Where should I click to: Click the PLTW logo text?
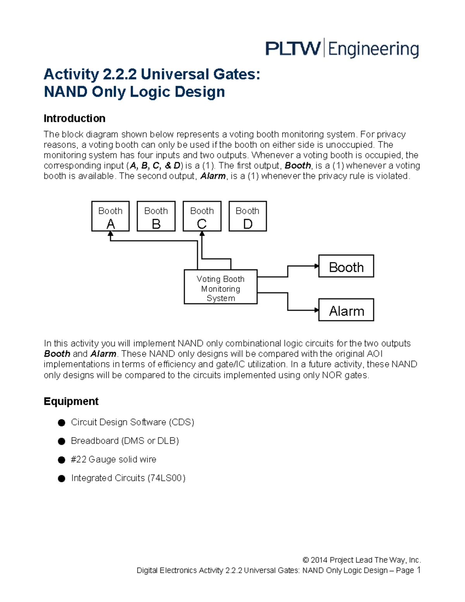click(x=293, y=49)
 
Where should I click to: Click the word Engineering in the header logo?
click(x=374, y=50)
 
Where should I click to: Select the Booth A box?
click(x=110, y=216)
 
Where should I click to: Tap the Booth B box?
click(x=156, y=216)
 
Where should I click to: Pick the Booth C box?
click(x=202, y=216)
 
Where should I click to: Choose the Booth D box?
click(x=248, y=216)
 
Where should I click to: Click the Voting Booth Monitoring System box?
click(x=220, y=287)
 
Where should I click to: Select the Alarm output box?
click(x=346, y=310)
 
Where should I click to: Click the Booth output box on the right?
click(x=346, y=266)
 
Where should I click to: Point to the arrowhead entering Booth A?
click(x=110, y=234)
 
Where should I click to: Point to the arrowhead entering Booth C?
click(x=202, y=234)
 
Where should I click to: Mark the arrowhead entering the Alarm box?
click(x=316, y=310)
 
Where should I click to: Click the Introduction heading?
click(x=74, y=118)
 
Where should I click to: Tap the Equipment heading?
click(x=71, y=401)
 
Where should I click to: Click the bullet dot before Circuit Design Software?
click(x=61, y=423)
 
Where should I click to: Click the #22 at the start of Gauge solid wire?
click(x=79, y=459)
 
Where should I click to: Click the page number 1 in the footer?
click(x=418, y=570)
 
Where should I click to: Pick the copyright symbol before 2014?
click(x=306, y=560)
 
